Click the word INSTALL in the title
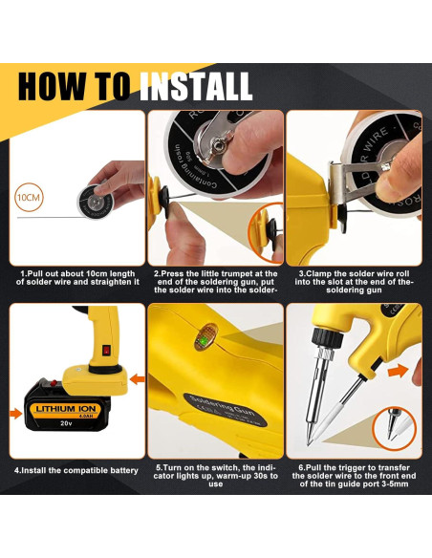coord(196,86)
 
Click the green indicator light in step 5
coord(205,339)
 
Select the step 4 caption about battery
coord(76,470)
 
